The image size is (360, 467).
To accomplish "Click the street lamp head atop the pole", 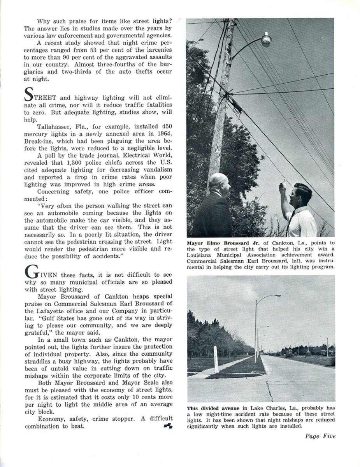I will tap(266, 40).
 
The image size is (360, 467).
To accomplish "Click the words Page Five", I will tap(320, 436).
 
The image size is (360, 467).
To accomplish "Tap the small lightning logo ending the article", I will tap(168, 426).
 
